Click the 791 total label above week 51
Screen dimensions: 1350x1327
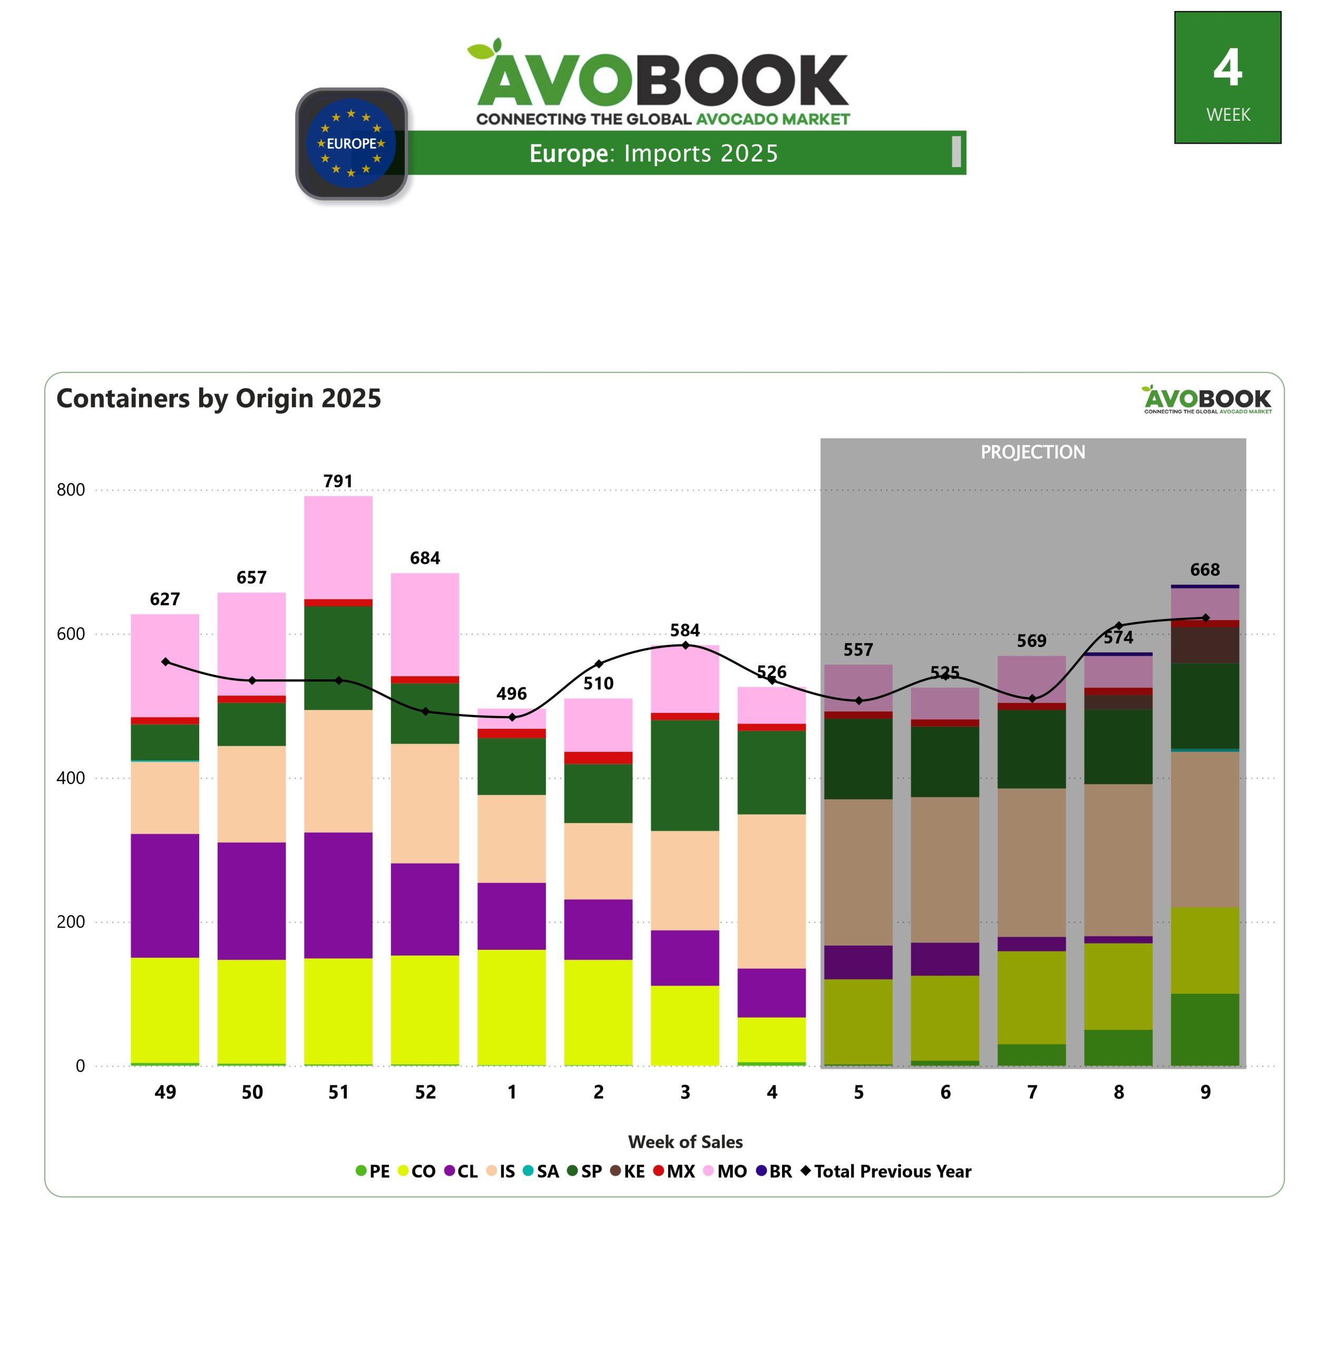[338, 481]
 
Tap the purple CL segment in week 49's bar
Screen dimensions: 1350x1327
[165, 895]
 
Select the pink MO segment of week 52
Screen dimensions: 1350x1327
[425, 624]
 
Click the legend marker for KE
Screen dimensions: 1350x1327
[616, 1171]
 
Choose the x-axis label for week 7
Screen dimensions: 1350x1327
[1032, 1092]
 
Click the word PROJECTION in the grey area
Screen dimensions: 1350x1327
[1033, 452]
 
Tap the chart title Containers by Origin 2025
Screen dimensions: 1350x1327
[219, 398]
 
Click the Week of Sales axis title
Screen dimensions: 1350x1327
[685, 1142]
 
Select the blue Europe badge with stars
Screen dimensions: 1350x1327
[352, 143]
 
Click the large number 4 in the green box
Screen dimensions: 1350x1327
[1227, 69]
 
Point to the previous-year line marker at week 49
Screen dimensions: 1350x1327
[165, 662]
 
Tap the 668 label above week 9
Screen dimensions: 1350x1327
[1205, 570]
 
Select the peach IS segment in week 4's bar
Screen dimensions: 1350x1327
[772, 891]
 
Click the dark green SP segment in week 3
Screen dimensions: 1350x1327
[685, 775]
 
